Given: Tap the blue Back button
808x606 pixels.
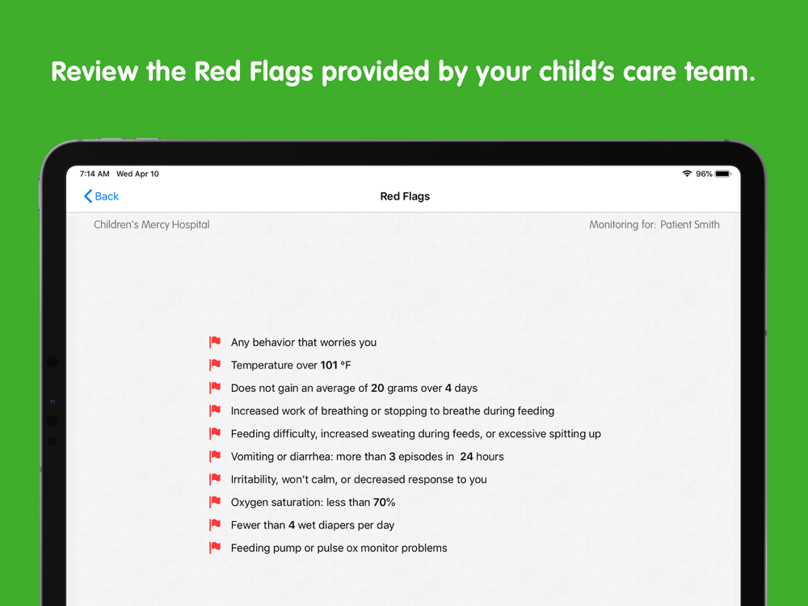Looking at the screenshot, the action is (x=102, y=196).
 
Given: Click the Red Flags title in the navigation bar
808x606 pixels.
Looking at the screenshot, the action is (x=405, y=196).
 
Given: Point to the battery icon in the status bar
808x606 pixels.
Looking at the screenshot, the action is (x=723, y=174).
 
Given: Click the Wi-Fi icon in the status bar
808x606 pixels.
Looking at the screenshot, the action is (x=687, y=174).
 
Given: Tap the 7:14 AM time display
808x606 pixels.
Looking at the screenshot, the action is (x=95, y=174).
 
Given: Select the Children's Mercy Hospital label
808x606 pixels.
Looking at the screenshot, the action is (x=152, y=225).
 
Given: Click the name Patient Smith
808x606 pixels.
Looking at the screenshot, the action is (x=689, y=225).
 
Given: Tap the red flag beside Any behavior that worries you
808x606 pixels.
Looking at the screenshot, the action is (x=215, y=342).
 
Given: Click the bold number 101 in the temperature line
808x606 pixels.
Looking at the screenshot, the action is (x=329, y=365).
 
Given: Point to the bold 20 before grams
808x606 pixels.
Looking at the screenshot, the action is (x=377, y=388).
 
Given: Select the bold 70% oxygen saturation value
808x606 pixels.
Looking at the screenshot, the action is (x=384, y=503).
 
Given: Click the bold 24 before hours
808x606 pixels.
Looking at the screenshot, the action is (x=466, y=457).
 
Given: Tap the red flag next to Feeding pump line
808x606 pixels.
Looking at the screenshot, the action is (x=215, y=548).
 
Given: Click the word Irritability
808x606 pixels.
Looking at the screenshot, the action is (x=255, y=480).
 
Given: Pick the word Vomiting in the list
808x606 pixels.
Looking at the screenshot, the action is (x=252, y=457).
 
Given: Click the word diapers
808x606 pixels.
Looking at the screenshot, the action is (x=336, y=526).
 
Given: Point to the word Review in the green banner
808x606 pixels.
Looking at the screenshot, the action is (x=95, y=71).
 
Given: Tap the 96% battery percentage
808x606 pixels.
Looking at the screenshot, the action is (x=704, y=174).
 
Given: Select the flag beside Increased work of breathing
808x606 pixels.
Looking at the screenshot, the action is (x=215, y=410).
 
